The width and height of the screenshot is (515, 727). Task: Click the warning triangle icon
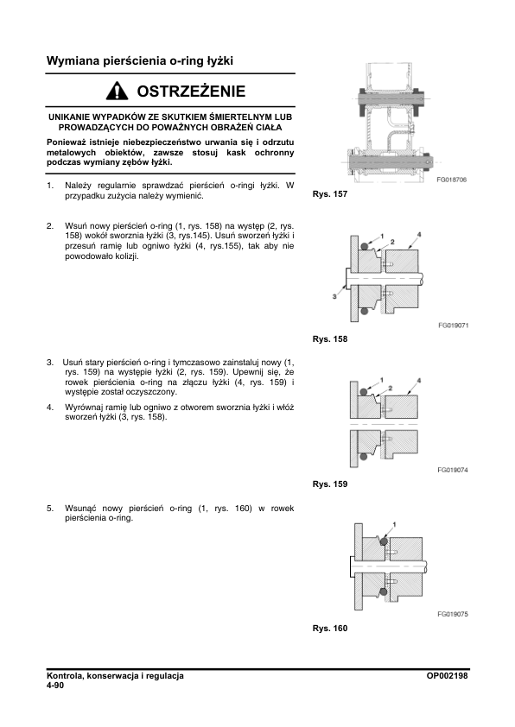coord(117,91)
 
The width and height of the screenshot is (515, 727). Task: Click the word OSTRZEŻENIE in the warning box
coord(191,91)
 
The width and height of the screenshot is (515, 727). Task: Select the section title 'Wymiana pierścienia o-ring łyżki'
coord(140,60)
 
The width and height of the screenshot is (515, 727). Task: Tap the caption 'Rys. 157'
coord(330,194)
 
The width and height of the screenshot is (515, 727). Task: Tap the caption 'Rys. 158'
coord(330,339)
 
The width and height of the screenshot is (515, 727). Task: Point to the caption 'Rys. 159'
coord(330,484)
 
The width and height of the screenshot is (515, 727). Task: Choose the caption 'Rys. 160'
coord(330,629)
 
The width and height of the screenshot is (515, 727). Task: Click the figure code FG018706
coord(451,180)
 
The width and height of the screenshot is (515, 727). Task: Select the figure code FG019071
coord(454,326)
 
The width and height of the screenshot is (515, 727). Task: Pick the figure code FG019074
coord(453,471)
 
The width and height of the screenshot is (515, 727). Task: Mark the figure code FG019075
coord(453,615)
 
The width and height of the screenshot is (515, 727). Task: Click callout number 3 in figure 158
coord(334,296)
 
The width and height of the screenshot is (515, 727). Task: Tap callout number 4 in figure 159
coord(419,381)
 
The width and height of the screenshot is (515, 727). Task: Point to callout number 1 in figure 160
coord(394,524)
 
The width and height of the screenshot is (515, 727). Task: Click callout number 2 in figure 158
coord(392,242)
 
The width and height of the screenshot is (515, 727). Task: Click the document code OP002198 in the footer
coord(448,676)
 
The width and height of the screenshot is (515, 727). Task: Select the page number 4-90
coord(55,686)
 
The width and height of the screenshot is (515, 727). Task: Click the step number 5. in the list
coord(50,509)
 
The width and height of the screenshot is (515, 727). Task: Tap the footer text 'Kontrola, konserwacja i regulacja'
coord(115,676)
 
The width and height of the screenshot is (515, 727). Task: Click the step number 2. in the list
coord(50,226)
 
